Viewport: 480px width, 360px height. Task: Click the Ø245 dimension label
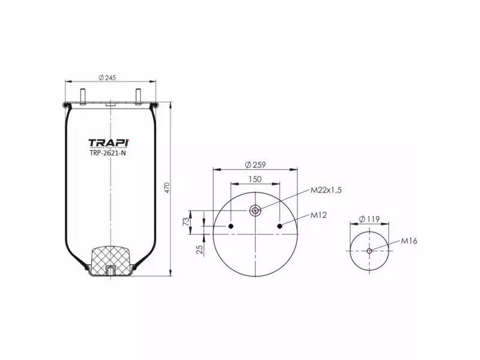tap(108, 76)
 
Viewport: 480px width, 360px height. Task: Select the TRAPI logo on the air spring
tap(109, 143)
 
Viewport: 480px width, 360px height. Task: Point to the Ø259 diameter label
tap(256, 165)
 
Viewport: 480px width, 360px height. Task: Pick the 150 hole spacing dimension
tap(256, 179)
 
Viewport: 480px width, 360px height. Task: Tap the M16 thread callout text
tap(409, 241)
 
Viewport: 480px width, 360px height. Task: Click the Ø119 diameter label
tap(369, 219)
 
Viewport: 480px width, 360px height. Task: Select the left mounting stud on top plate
tap(82, 96)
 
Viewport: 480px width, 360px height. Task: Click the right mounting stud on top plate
tap(139, 96)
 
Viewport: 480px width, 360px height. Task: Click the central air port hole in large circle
tap(256, 210)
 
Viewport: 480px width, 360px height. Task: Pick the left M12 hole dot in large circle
tap(231, 226)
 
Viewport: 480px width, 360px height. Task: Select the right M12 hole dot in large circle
tap(281, 226)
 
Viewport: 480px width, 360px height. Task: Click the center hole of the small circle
tap(370, 250)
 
